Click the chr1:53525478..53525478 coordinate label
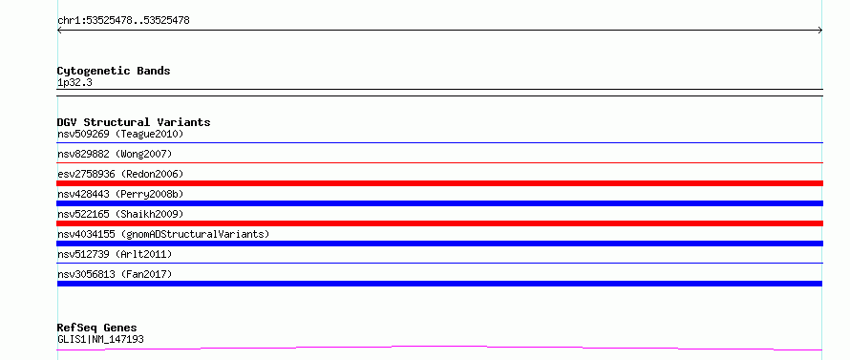pos(123,21)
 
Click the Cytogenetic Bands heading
pos(114,71)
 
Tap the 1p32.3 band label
pos(74,82)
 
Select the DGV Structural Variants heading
pos(134,122)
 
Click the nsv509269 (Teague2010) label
pos(120,134)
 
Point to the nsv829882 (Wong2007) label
pos(115,154)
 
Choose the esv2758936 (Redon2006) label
pos(120,174)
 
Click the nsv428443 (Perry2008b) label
pos(120,194)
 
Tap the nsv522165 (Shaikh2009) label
pos(120,214)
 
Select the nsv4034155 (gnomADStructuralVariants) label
pos(163,234)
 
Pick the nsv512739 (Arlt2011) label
pos(115,254)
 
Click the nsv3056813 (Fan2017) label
pos(115,274)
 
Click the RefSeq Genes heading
pos(97,328)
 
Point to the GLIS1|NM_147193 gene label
pos(100,339)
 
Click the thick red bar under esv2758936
pos(439,183)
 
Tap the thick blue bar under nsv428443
pos(439,203)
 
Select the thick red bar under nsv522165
pos(439,223)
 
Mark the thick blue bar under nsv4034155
pos(439,244)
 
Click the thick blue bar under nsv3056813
pos(439,284)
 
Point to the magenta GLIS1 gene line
pos(439,346)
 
